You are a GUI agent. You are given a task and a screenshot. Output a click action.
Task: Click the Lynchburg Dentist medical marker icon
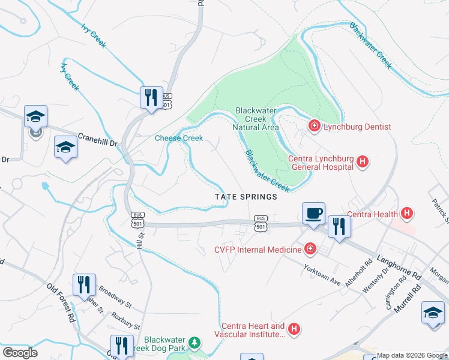coord(313,126)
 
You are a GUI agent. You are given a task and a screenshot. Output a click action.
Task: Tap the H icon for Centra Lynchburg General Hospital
coord(363,161)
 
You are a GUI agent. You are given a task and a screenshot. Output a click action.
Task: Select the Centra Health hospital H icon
coord(407,213)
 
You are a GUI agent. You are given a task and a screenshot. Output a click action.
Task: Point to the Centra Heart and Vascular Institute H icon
coord(294,329)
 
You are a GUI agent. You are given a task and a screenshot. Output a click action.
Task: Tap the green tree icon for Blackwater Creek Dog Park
coord(194,343)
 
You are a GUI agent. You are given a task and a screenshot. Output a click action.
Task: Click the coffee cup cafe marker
coord(313,213)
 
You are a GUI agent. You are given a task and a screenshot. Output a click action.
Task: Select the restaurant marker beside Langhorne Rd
coord(339,226)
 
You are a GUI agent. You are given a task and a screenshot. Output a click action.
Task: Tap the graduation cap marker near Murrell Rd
coord(433,313)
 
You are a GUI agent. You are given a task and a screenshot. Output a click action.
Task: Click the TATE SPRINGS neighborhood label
coord(247,197)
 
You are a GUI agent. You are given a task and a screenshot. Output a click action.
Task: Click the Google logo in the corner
coord(20,353)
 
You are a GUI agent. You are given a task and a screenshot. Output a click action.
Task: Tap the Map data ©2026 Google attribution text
coord(412,355)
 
